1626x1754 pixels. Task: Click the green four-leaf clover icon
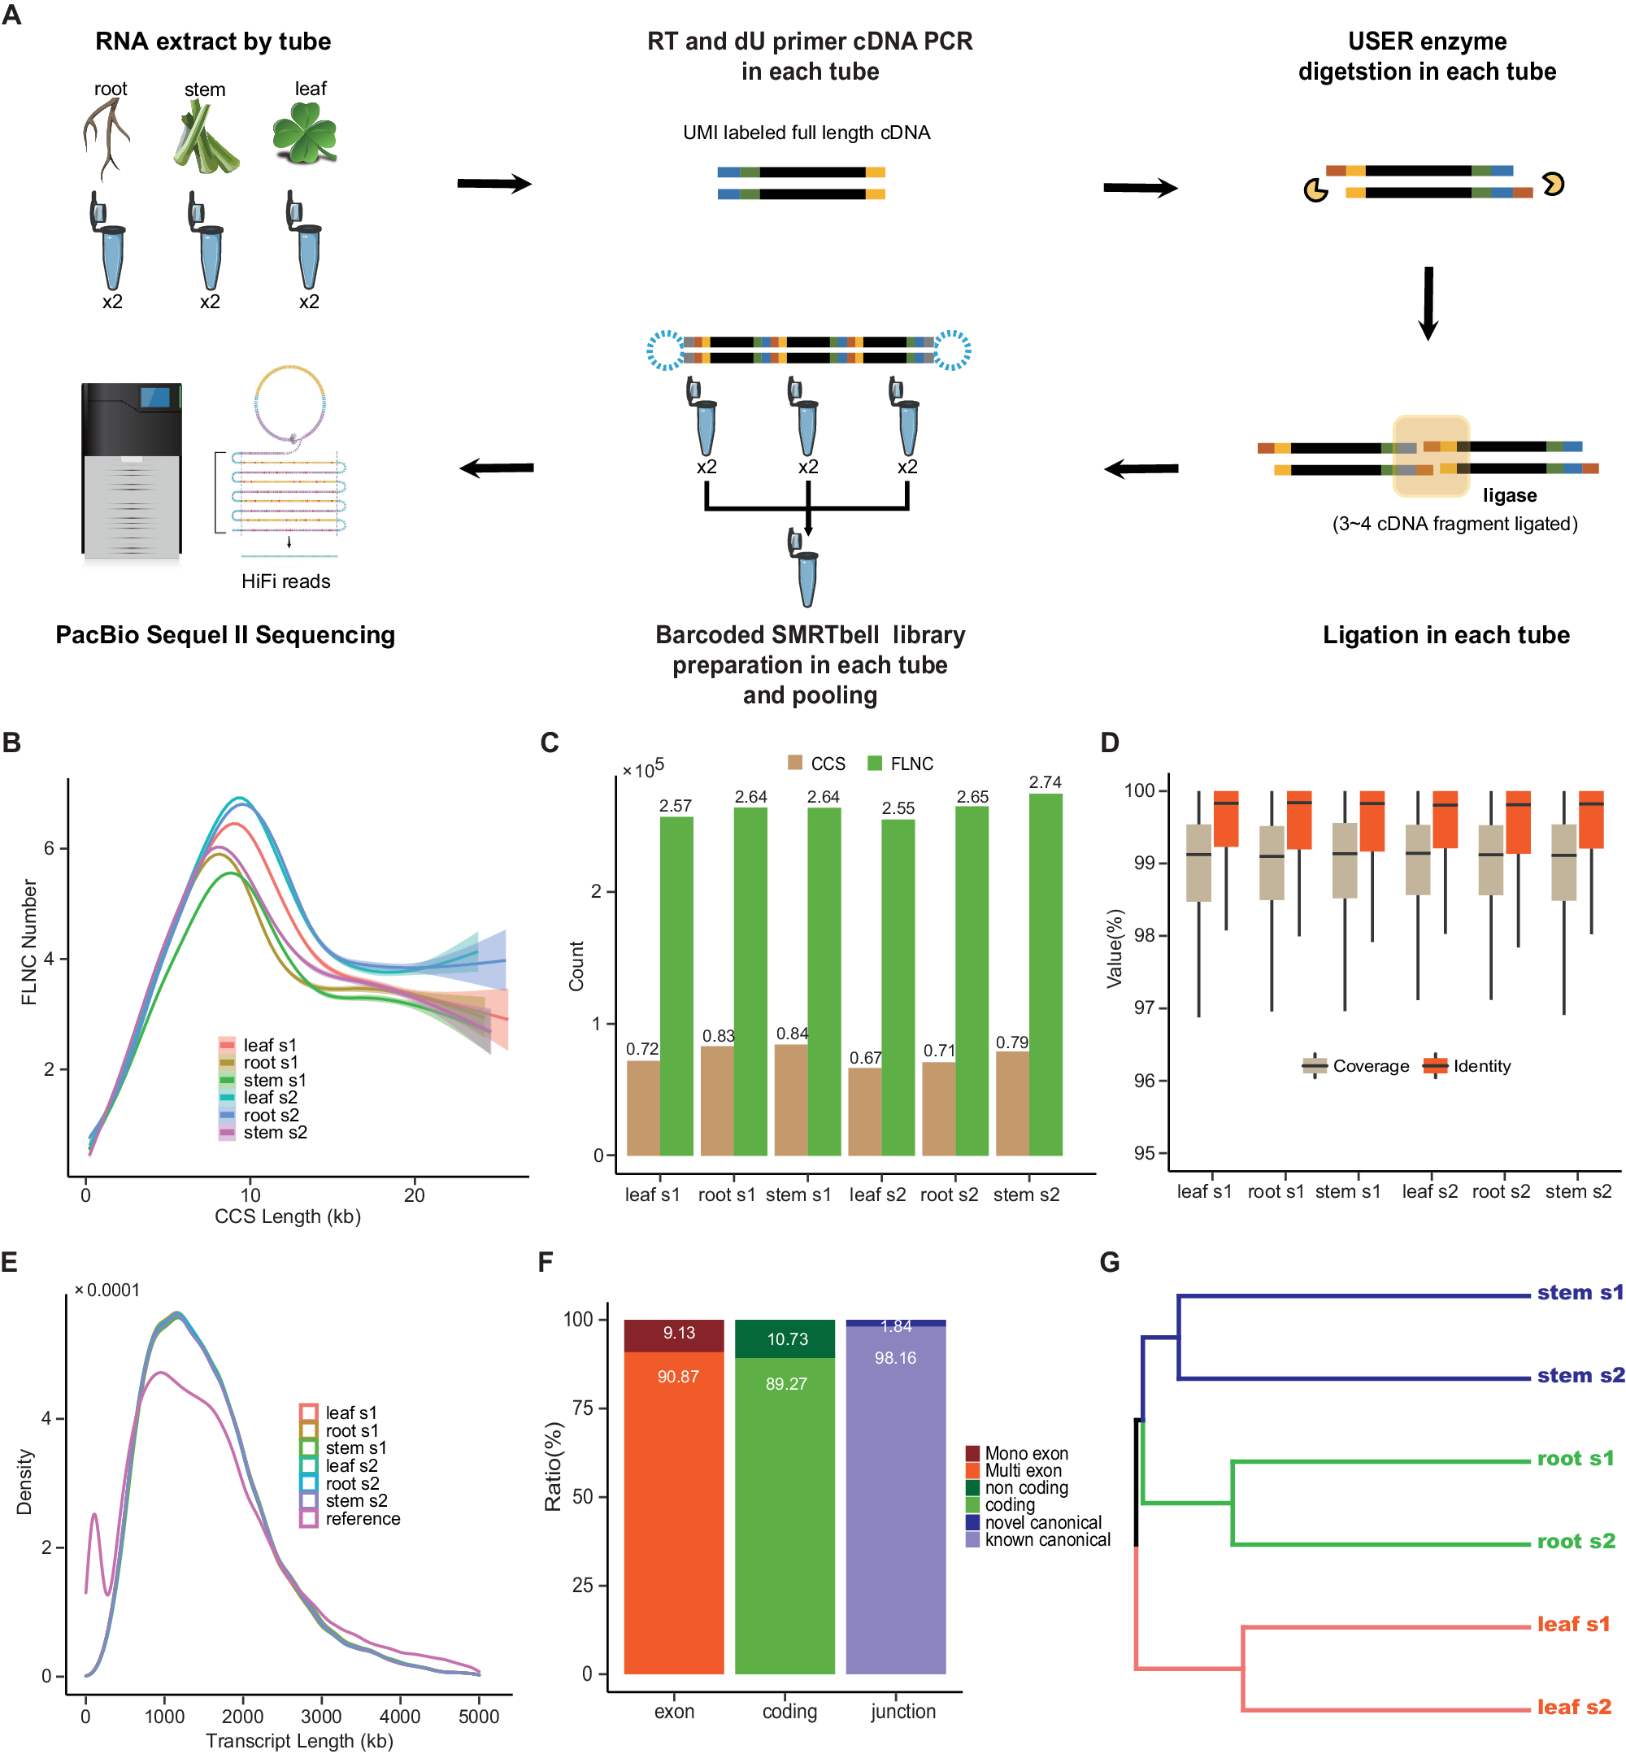point(303,133)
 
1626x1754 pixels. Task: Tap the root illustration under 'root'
point(107,137)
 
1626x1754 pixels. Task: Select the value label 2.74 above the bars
point(1045,781)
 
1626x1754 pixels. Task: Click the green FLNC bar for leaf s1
point(676,986)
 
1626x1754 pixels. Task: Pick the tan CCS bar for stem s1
point(790,1099)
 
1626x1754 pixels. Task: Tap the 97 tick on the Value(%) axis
point(1144,1008)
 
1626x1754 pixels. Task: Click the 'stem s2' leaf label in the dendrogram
point(1580,1376)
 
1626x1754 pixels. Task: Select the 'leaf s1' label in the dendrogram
point(1573,1624)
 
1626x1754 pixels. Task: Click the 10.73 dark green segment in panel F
point(785,1338)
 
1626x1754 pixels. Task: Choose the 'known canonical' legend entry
point(1038,1539)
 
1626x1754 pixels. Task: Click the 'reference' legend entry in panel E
point(362,1518)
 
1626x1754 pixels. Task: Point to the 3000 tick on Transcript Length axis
point(321,1715)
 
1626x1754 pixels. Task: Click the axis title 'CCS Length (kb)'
point(288,1216)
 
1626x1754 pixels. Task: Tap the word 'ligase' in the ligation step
point(1509,495)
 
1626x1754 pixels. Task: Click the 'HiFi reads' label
point(286,581)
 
